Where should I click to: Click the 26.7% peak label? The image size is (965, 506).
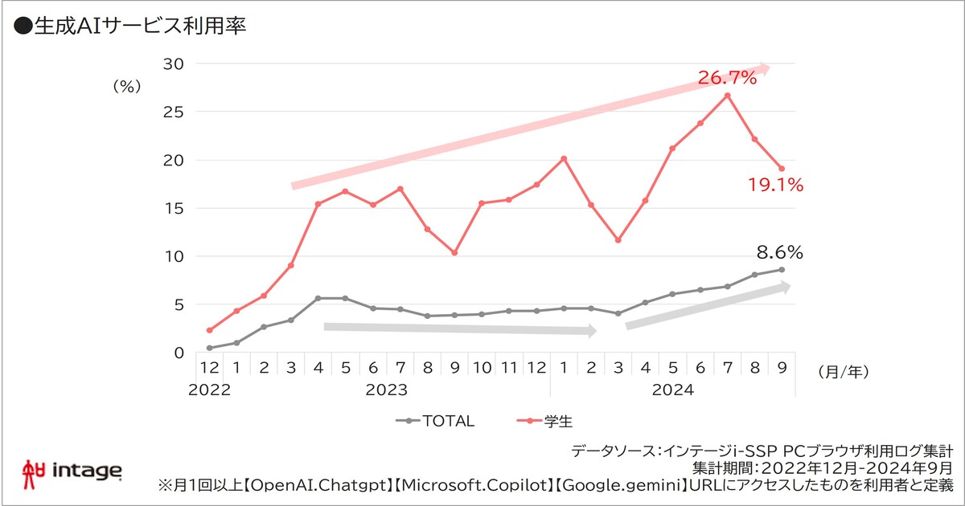(727, 78)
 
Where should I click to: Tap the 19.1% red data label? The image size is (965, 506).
(775, 186)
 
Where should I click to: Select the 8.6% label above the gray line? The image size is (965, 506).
(779, 252)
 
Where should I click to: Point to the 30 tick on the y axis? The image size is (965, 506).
(173, 63)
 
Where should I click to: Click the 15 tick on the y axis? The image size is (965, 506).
(173, 208)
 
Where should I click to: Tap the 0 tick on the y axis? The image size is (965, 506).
(178, 353)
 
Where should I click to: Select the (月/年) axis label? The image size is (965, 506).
(842, 371)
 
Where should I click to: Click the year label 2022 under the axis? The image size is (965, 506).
(209, 390)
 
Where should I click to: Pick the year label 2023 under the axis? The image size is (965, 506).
(387, 390)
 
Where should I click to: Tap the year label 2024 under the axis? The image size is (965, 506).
(673, 390)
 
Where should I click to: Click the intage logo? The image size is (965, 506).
(73, 470)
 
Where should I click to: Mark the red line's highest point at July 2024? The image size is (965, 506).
(727, 96)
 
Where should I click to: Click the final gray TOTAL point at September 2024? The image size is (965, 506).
(782, 269)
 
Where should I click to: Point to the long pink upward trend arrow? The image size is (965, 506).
(531, 127)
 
